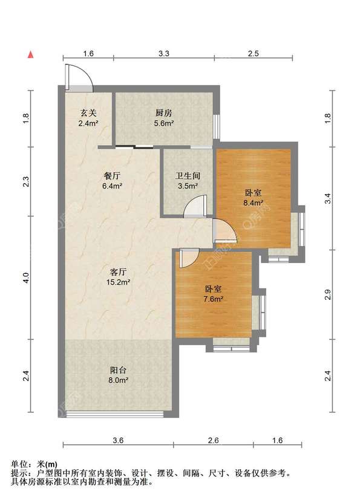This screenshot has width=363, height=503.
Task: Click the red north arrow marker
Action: click(30, 54)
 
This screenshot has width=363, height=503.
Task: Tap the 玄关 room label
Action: click(88, 113)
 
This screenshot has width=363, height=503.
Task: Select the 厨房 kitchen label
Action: click(164, 113)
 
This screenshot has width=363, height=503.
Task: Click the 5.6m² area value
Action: click(164, 123)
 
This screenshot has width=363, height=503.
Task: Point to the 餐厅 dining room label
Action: click(112, 176)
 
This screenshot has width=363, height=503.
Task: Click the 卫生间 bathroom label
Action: click(188, 176)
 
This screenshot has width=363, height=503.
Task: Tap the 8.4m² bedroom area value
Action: click(253, 203)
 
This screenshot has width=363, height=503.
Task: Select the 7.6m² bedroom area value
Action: click(214, 299)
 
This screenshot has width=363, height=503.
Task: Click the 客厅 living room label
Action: click(118, 272)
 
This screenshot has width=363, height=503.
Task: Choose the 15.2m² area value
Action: click(118, 282)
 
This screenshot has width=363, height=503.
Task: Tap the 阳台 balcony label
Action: click(118, 370)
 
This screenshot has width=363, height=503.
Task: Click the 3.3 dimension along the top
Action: click(164, 54)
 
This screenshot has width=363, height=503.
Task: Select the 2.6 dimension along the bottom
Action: click(213, 441)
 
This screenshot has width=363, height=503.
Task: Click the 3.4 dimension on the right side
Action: click(327, 198)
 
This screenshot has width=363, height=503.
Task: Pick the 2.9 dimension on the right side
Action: click(327, 294)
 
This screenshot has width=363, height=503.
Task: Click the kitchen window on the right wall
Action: click(217, 126)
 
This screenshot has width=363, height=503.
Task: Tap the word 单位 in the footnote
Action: click(19, 464)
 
